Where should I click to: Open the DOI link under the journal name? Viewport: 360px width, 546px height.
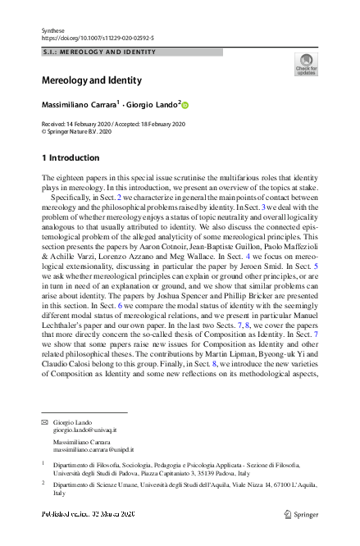tap(97, 38)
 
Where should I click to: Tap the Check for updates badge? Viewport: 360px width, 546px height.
tap(305, 65)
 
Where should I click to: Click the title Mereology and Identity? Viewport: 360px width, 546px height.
tap(91, 80)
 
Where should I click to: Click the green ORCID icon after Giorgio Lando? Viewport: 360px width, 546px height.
tap(185, 106)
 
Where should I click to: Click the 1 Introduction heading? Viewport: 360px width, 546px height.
tap(71, 157)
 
